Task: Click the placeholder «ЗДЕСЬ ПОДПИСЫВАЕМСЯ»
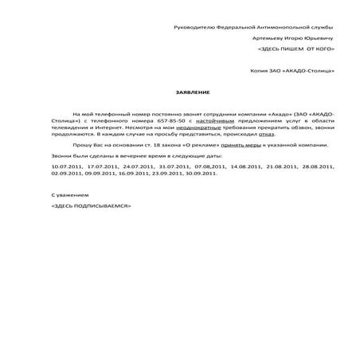pos(90,205)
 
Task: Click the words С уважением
pos(69,194)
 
